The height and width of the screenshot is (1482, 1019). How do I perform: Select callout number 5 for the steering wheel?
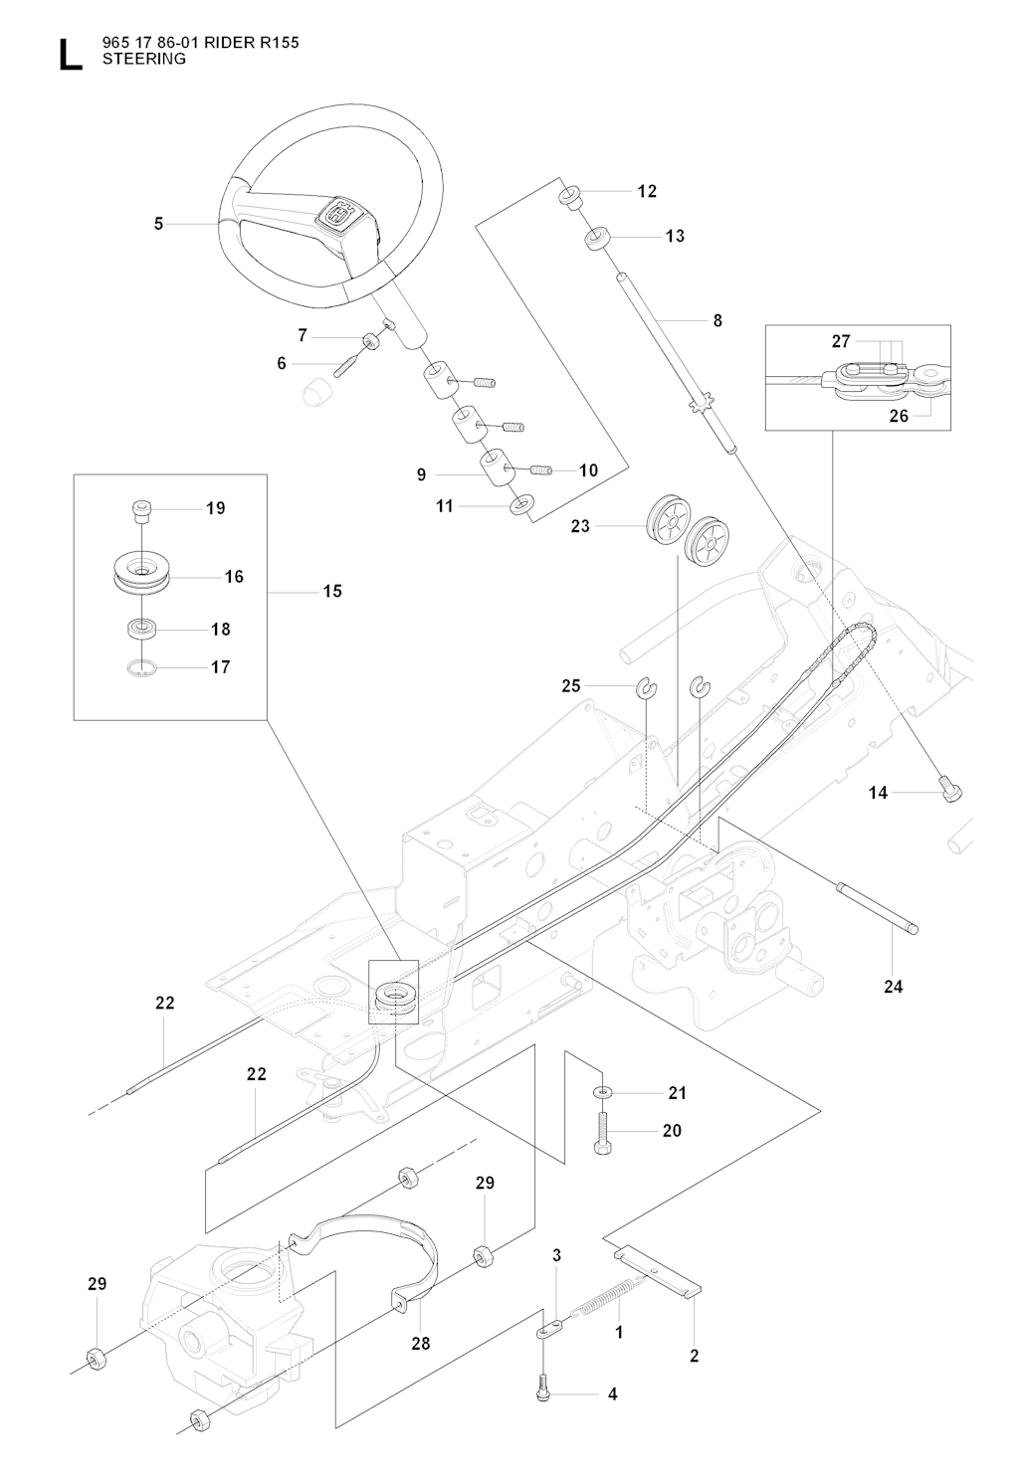(x=159, y=224)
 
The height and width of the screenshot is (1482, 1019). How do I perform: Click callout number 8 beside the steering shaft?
(x=717, y=320)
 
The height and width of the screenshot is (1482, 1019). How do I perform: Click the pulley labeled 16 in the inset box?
(x=141, y=577)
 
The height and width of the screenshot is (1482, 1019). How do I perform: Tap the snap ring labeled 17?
(x=141, y=667)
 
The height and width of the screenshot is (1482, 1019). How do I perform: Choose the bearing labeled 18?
(x=141, y=629)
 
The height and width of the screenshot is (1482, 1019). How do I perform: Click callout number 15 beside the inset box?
(x=332, y=591)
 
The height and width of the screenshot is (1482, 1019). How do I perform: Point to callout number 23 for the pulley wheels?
(x=580, y=526)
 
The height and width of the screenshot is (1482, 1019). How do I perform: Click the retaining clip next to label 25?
(x=646, y=686)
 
